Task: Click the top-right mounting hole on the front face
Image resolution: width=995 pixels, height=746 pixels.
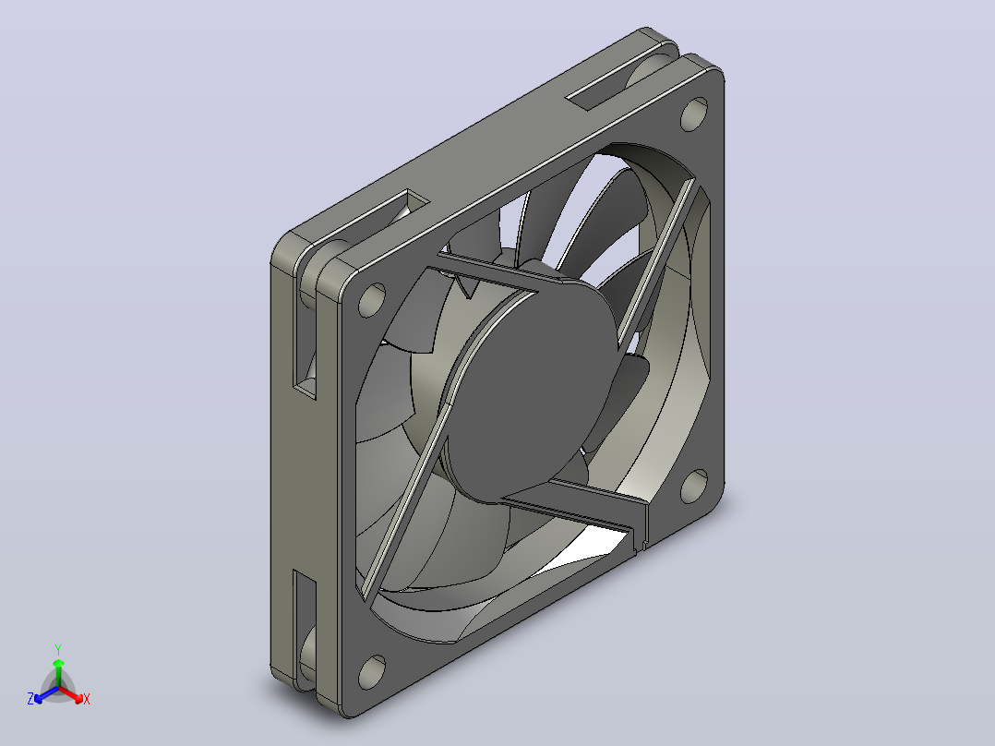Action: (694, 114)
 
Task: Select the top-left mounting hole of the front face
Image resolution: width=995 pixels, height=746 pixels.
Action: (372, 300)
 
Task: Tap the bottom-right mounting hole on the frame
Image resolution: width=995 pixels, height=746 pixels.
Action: (694, 487)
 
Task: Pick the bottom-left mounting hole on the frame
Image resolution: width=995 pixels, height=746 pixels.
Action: (372, 672)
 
